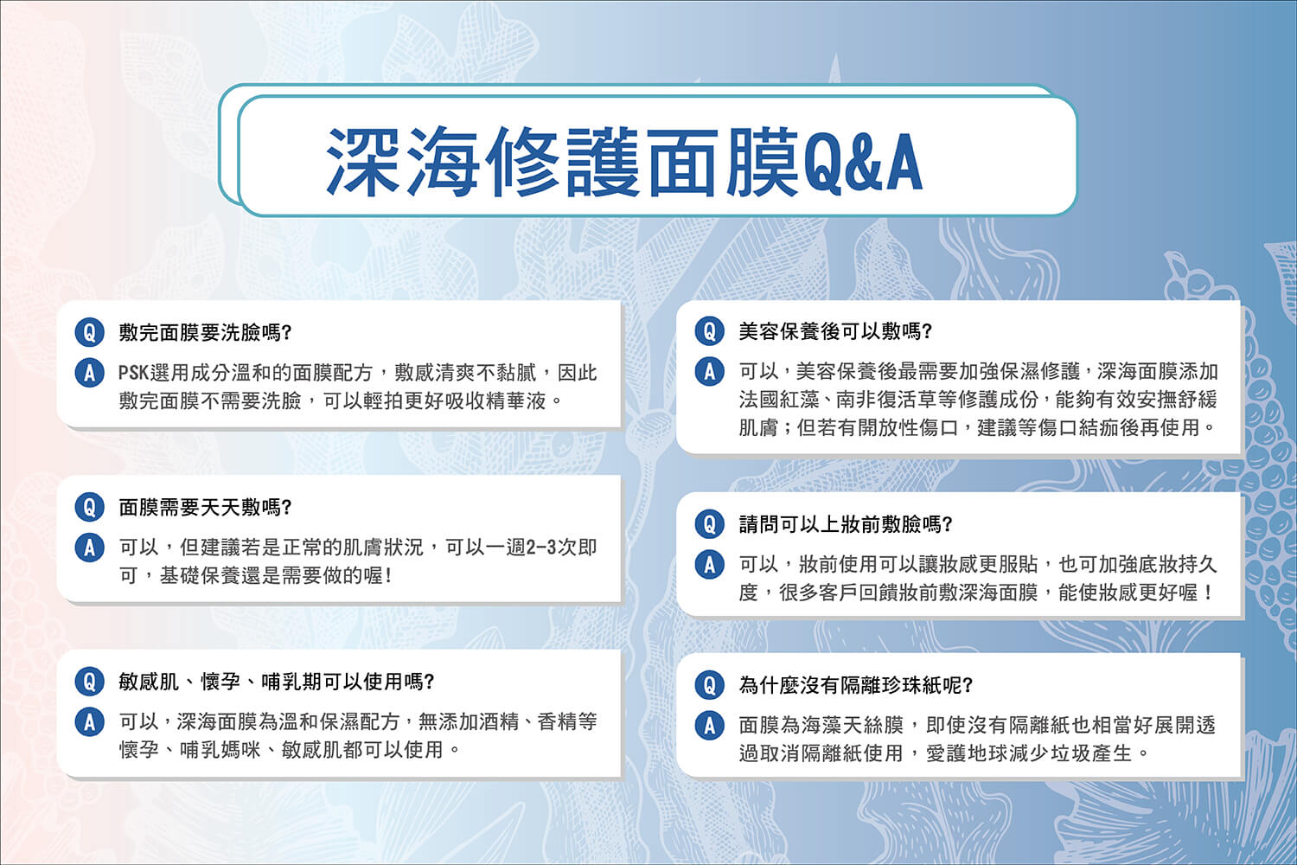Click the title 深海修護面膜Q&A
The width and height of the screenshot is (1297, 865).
pyautogui.click(x=624, y=162)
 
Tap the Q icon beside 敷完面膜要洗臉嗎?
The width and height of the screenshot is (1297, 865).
pyautogui.click(x=90, y=332)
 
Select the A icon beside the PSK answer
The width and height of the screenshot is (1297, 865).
pyautogui.click(x=90, y=373)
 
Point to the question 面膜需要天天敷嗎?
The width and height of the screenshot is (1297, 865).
pyautogui.click(x=205, y=508)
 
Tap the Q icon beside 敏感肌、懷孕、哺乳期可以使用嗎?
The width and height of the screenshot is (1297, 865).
pyautogui.click(x=90, y=682)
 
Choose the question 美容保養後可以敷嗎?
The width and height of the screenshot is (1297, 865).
pyautogui.click(x=835, y=331)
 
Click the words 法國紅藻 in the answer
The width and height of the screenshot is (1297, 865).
pyautogui.click(x=779, y=399)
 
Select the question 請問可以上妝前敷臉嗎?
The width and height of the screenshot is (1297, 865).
pyautogui.click(x=846, y=524)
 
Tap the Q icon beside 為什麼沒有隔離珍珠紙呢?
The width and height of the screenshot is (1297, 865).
pyautogui.click(x=710, y=685)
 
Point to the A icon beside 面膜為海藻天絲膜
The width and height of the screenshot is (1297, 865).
pyautogui.click(x=710, y=726)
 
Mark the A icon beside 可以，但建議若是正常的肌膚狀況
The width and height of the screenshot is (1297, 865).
pyautogui.click(x=90, y=548)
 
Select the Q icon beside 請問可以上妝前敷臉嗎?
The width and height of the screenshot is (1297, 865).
pyautogui.click(x=710, y=524)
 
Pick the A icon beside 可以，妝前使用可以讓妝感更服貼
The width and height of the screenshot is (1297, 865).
pyautogui.click(x=710, y=565)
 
